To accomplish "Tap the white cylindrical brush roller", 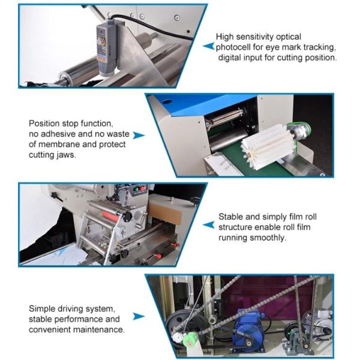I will [266, 147].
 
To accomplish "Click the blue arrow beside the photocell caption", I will [208, 46].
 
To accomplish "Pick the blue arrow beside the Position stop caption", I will [139, 135].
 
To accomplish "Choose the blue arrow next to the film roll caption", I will [208, 225].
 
